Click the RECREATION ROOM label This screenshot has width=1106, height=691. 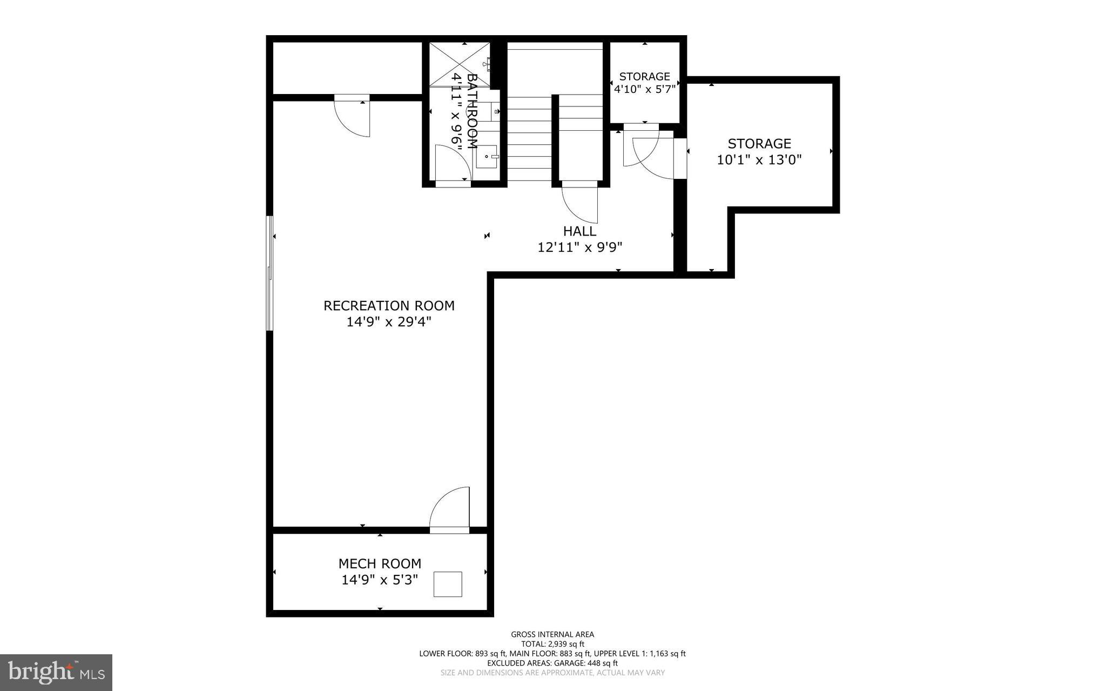point(389,305)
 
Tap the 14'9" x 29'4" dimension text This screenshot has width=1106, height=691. point(389,322)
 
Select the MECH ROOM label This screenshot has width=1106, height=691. point(380,563)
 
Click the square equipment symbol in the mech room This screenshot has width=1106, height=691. point(448,584)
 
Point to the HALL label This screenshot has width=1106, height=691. point(579,231)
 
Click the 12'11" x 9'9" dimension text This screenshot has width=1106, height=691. point(580,247)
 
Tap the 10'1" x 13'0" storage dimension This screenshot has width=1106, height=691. point(759,160)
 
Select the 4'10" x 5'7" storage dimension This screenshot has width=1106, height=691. point(644,89)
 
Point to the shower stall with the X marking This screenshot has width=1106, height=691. point(459,64)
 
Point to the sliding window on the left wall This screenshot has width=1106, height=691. point(269,273)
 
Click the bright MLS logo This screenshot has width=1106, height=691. point(56,672)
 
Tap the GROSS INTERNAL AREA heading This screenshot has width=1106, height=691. point(552,634)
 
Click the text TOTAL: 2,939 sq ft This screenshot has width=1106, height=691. point(552,644)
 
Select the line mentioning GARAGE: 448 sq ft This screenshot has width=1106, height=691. point(552,663)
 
